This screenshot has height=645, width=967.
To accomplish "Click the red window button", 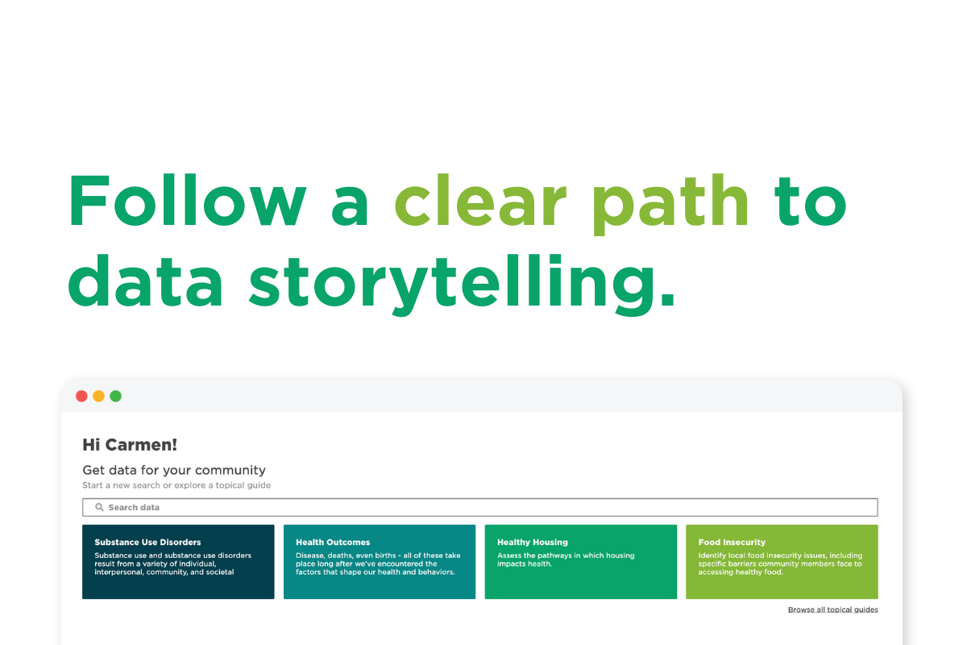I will point(81,396).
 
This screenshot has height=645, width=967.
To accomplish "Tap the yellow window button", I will point(98,396).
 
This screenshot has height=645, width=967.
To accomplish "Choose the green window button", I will point(116,396).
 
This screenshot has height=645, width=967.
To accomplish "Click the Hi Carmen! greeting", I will point(130,444).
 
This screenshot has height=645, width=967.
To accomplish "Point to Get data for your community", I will point(174,470).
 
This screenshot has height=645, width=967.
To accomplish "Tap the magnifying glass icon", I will point(100,507).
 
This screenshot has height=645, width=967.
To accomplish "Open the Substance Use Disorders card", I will point(178,562).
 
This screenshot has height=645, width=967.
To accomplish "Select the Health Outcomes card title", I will point(333,543).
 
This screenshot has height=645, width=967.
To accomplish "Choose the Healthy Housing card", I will point(580,562).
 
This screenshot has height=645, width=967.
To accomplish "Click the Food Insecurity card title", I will point(732,543).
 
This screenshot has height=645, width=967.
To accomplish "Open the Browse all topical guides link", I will point(832,610).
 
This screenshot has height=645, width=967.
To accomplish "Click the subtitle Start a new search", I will point(176,485).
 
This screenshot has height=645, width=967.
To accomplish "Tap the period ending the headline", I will point(666,300).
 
